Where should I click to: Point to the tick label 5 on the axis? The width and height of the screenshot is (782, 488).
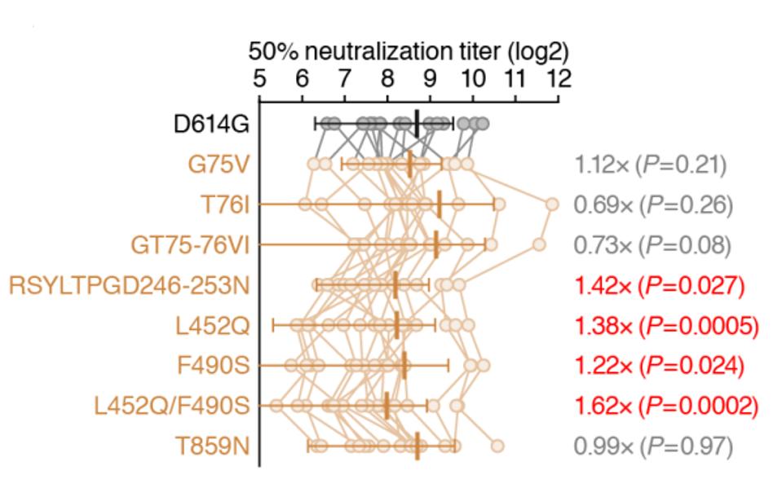pos(259,79)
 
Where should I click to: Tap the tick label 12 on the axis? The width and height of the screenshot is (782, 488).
pos(558,79)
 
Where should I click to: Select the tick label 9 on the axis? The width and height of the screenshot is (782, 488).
pos(430,79)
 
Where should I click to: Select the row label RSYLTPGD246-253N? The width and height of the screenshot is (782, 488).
pos(129,285)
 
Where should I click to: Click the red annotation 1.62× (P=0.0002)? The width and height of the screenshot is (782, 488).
pos(665,405)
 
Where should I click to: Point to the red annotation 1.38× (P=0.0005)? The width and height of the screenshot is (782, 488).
pos(665,325)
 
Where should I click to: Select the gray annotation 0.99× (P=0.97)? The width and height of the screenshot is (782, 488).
pos(653,446)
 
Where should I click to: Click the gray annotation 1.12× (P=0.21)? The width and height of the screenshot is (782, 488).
pos(649,165)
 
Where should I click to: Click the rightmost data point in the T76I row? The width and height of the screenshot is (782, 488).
pos(552,204)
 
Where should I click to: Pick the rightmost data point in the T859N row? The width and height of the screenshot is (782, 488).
pos(497,445)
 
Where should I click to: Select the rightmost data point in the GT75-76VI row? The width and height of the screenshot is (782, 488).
pos(539,244)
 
